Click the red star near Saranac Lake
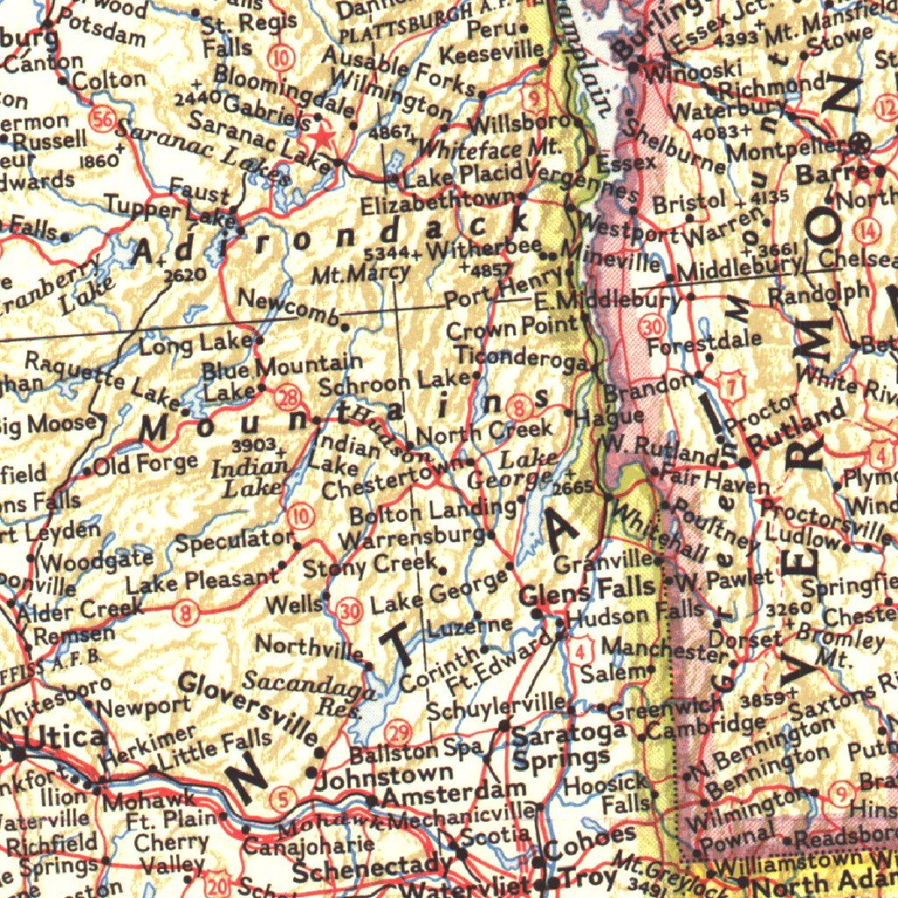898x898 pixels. (323, 137)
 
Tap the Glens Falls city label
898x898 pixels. (588, 588)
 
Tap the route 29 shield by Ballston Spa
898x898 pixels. (398, 733)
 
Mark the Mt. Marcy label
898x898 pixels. (360, 274)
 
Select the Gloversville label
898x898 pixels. (249, 704)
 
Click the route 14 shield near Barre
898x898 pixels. (868, 232)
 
